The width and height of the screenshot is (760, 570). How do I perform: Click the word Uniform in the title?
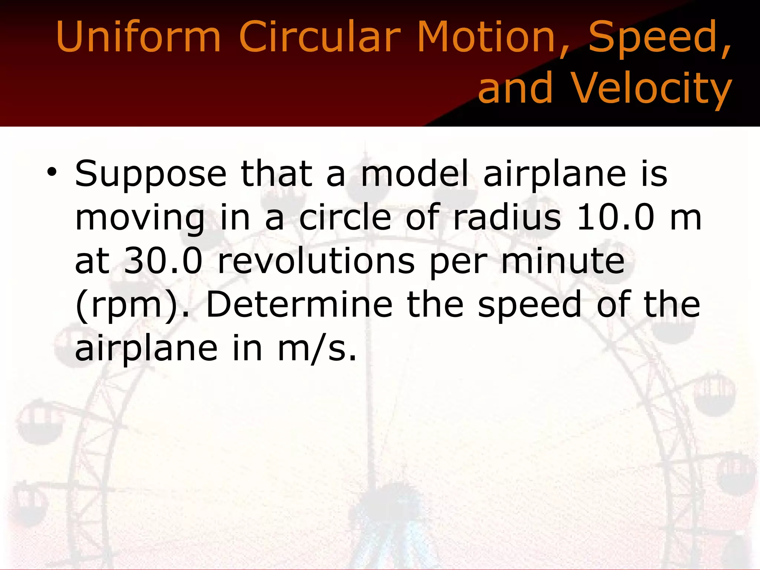[138, 37]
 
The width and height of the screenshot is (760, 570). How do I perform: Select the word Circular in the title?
[320, 37]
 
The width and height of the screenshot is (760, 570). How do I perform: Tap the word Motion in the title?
[492, 37]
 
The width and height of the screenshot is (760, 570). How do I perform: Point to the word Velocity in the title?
[650, 88]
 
